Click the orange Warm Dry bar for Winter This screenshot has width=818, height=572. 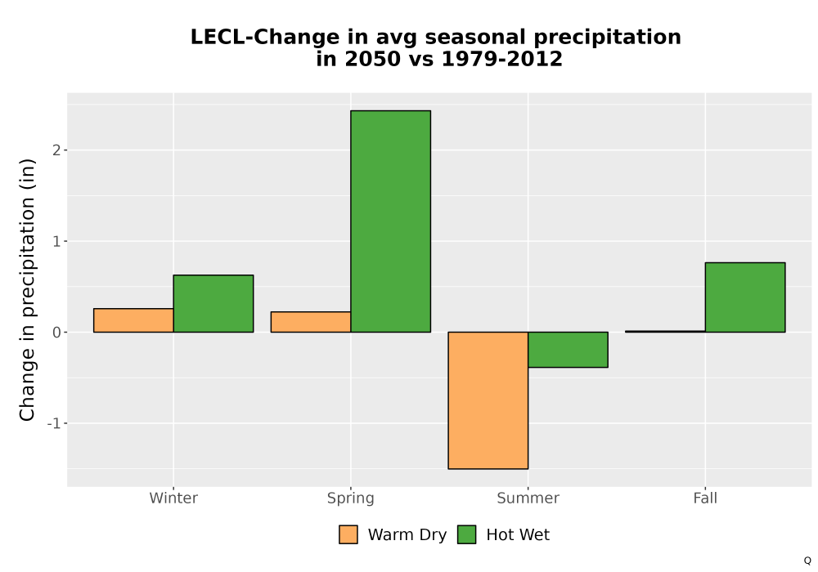pyautogui.click(x=133, y=320)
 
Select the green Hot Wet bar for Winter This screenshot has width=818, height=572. pyautogui.click(x=213, y=304)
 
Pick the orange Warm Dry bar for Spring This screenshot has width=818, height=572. pyautogui.click(x=311, y=322)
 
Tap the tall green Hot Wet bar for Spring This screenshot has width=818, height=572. pyautogui.click(x=391, y=221)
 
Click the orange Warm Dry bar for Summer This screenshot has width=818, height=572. pyautogui.click(x=488, y=400)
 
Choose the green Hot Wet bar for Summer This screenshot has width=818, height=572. pyautogui.click(x=569, y=350)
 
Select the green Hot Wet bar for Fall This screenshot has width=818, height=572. pyautogui.click(x=745, y=297)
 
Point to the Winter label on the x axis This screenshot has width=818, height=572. pyautogui.click(x=173, y=498)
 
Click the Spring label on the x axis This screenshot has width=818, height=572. pyautogui.click(x=351, y=498)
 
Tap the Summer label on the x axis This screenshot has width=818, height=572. pyautogui.click(x=528, y=498)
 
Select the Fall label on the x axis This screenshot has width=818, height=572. pyautogui.click(x=705, y=498)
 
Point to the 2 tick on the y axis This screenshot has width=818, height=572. pyautogui.click(x=56, y=150)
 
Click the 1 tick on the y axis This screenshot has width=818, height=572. pyautogui.click(x=56, y=241)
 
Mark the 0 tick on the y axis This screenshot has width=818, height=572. pyautogui.click(x=56, y=333)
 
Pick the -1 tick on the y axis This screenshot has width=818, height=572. pyautogui.click(x=54, y=423)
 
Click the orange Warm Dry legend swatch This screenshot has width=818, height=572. pyautogui.click(x=348, y=534)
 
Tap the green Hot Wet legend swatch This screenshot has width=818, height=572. pyautogui.click(x=467, y=534)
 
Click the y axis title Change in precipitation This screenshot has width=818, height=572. pyautogui.click(x=27, y=289)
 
